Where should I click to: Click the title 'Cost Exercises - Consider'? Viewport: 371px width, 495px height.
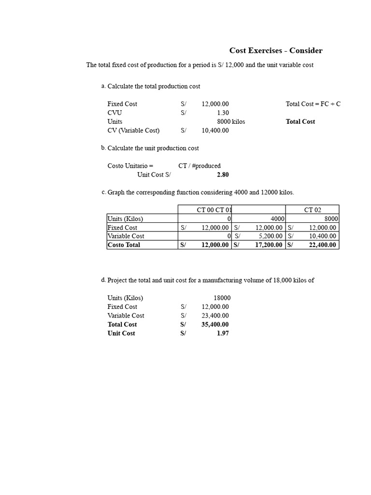275,51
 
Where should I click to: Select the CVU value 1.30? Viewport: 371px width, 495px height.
223,113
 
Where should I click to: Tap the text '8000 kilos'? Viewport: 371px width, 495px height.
231,122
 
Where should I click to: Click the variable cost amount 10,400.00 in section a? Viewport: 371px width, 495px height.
215,131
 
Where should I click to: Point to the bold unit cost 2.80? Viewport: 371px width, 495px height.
223,175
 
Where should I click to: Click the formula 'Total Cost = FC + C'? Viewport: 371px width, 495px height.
313,104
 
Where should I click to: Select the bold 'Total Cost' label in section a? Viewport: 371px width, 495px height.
300,122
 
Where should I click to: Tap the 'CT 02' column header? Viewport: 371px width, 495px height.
313,210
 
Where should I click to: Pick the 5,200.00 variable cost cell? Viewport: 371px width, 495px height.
269,236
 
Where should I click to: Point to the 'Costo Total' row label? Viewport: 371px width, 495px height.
124,245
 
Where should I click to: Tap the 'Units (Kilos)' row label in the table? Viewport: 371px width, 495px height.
125,219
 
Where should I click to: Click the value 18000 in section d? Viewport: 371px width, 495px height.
222,298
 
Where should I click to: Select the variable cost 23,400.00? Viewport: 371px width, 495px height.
215,316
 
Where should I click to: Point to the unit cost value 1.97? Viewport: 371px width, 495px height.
223,334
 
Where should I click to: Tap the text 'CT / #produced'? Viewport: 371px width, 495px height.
199,166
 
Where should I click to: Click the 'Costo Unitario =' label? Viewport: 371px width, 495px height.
130,166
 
